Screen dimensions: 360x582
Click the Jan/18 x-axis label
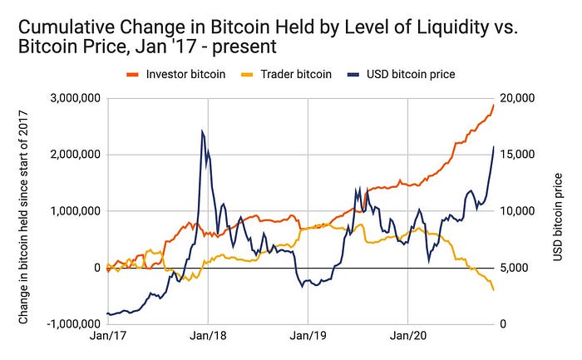[x=208, y=339]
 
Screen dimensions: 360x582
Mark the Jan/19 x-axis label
[x=308, y=339]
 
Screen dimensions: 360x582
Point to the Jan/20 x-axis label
[x=408, y=339]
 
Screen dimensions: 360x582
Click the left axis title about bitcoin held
[x=24, y=211]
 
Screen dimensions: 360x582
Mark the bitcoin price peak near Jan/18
[x=202, y=131]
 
